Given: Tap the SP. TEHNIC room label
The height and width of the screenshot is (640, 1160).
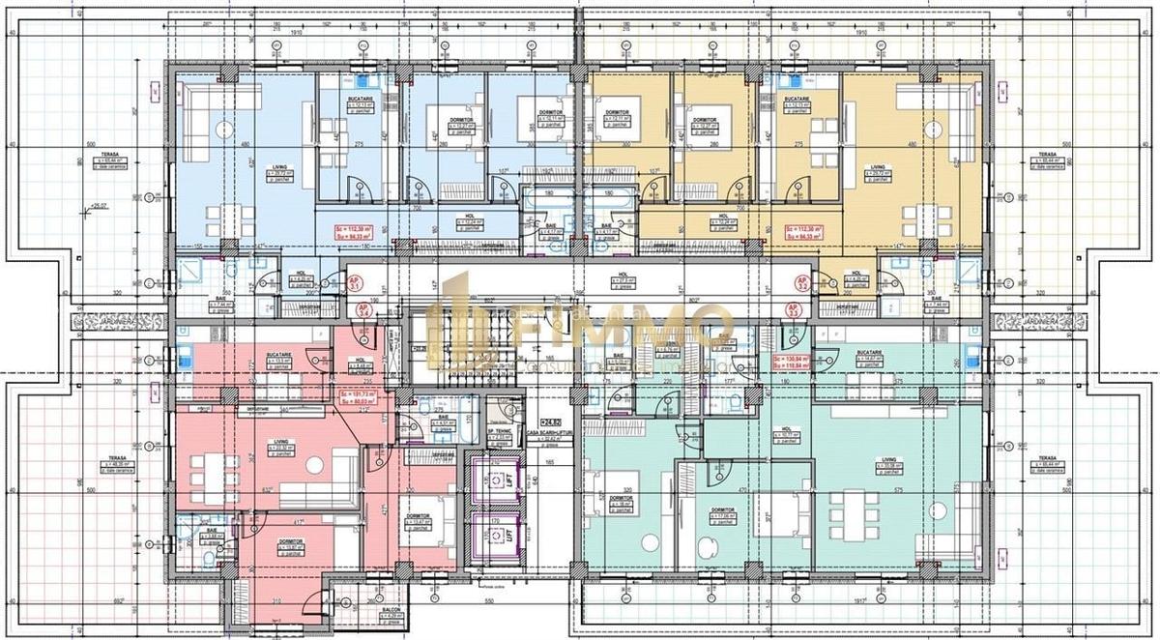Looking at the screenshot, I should (x=498, y=433).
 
